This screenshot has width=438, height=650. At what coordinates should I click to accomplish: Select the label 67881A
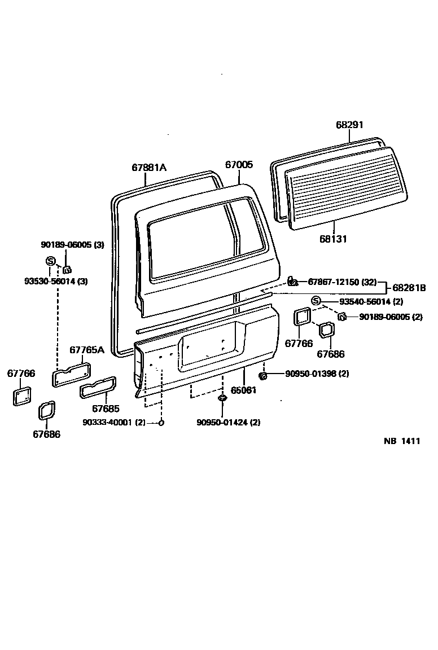149,167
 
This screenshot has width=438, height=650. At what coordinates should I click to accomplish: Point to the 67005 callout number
239,165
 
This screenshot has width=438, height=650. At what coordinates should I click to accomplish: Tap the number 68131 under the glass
333,239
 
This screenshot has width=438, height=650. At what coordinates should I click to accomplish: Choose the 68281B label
409,288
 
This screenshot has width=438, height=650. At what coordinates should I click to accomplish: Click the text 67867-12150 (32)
342,281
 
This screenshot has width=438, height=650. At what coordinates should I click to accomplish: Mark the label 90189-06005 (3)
73,244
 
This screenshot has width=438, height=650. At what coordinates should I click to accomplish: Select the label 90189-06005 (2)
391,317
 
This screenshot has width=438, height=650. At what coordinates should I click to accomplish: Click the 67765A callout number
87,350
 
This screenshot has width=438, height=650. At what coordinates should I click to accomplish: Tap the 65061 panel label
243,389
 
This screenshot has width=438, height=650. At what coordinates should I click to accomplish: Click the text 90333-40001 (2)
113,423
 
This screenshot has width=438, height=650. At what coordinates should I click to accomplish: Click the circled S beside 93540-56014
316,301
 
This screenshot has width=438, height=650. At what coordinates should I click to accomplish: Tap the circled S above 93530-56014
50,261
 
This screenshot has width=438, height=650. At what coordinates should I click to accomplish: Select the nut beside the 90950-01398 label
263,375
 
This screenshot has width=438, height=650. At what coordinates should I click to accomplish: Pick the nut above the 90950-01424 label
222,399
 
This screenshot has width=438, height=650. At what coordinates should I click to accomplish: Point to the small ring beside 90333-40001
161,423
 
